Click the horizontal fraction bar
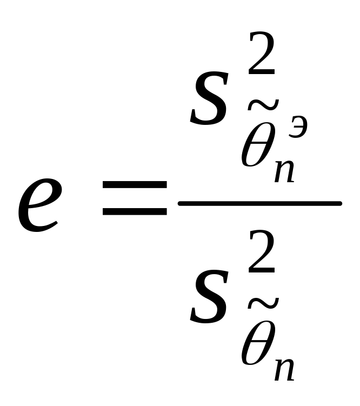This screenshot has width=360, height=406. [259, 203]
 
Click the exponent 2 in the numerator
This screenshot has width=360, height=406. [262, 54]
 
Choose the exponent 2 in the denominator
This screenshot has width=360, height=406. [262, 255]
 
